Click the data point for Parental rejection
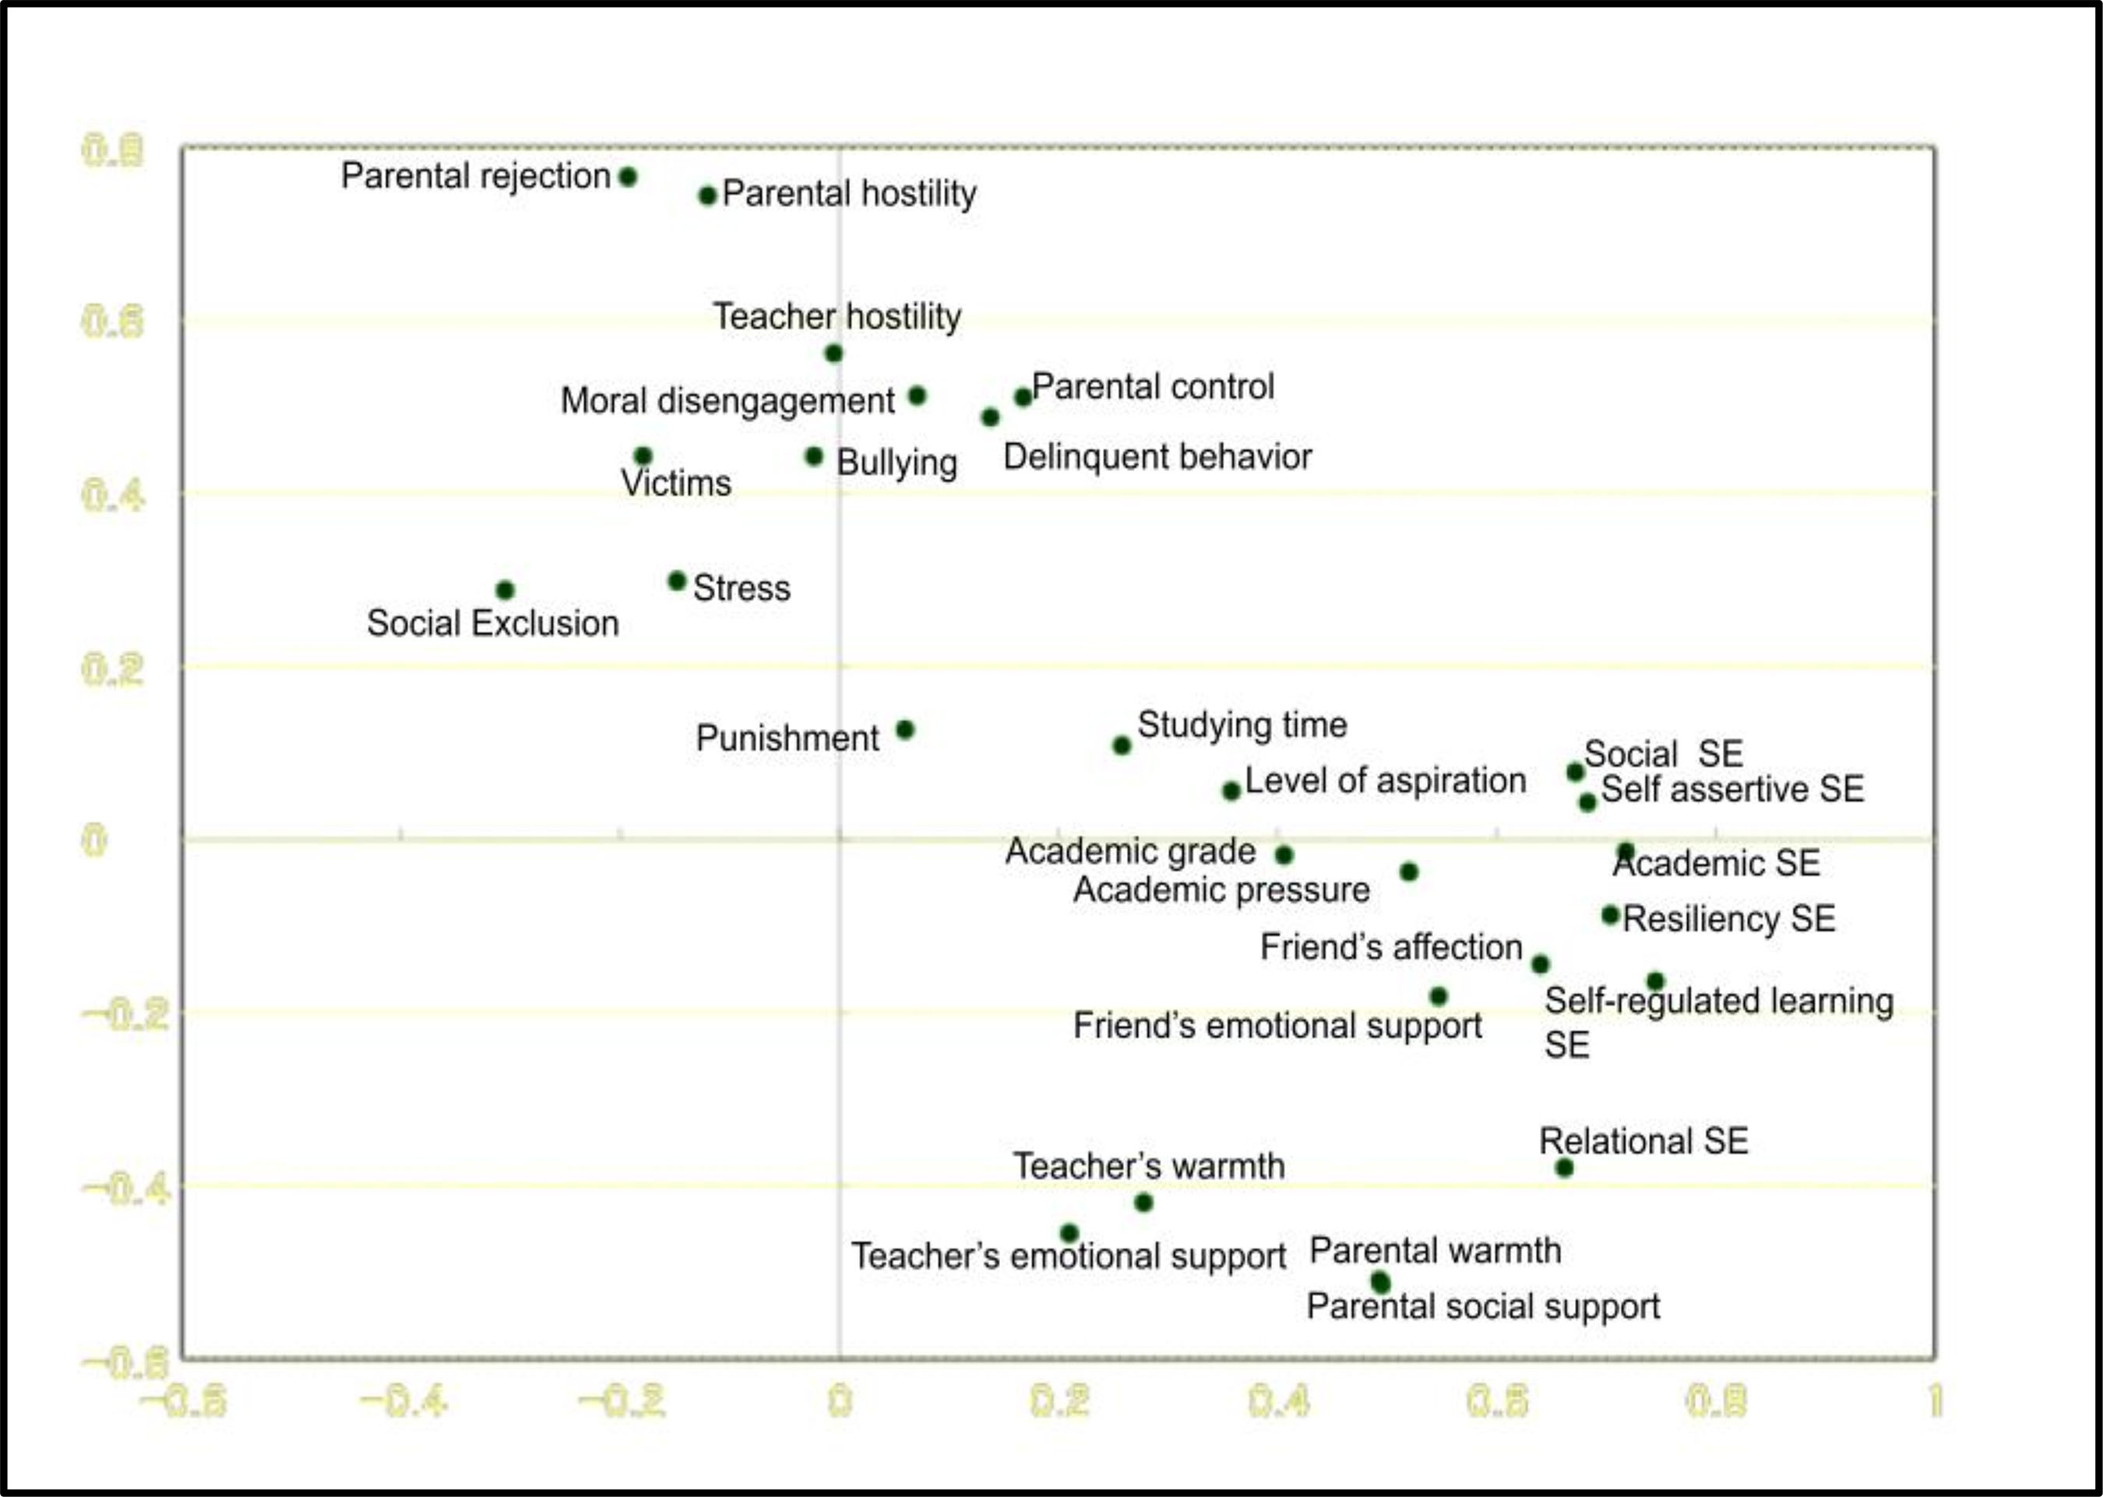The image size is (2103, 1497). (628, 177)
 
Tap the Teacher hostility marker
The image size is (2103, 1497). (834, 353)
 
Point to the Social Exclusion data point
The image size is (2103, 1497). (505, 590)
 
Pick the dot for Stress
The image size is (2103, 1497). (678, 581)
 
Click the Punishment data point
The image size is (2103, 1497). (905, 730)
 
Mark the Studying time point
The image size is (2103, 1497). (1122, 745)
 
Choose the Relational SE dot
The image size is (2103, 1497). (1564, 1168)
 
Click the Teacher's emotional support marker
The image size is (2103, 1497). (1069, 1234)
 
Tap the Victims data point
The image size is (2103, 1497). (643, 456)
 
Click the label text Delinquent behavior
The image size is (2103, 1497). (1157, 457)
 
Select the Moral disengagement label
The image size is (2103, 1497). (727, 401)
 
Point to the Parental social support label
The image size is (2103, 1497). (1483, 1307)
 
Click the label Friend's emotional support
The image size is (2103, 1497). (1277, 1026)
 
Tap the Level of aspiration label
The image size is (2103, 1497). (1385, 780)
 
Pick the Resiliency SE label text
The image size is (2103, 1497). (1729, 919)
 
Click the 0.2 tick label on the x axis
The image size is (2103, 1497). (1059, 1402)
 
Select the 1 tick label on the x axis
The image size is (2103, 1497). (1936, 1402)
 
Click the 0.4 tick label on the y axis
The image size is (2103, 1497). (114, 496)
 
